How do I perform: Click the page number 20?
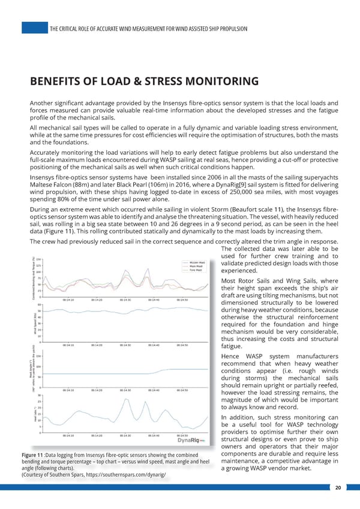point(339,487)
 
